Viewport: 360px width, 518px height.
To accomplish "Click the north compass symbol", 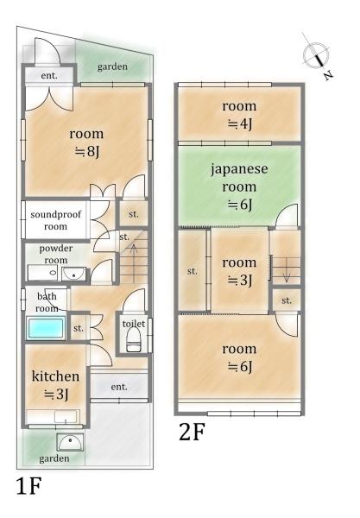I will pos(316,55).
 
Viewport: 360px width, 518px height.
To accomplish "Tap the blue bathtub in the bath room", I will pos(46,329).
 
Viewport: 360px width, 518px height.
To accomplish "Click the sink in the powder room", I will pos(73,275).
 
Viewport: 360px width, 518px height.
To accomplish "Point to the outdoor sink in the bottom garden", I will pos(68,443).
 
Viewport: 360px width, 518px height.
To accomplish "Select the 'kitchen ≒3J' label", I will pos(56,385).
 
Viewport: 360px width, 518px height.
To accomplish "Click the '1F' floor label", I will pos(28,487).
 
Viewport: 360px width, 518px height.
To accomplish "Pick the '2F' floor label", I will pos(192,431).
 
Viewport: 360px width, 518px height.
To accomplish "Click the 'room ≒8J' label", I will pos(85,142).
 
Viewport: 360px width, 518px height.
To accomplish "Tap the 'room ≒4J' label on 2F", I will pos(239,114).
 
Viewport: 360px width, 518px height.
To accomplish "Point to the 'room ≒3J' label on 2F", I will pos(239,271).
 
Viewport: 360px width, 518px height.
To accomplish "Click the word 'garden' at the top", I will pos(112,67).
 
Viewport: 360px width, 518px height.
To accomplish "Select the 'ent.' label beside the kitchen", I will pos(119,387).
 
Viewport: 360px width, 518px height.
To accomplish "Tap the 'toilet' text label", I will pos(133,324).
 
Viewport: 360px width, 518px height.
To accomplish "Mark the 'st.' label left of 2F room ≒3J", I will pos(192,271).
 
